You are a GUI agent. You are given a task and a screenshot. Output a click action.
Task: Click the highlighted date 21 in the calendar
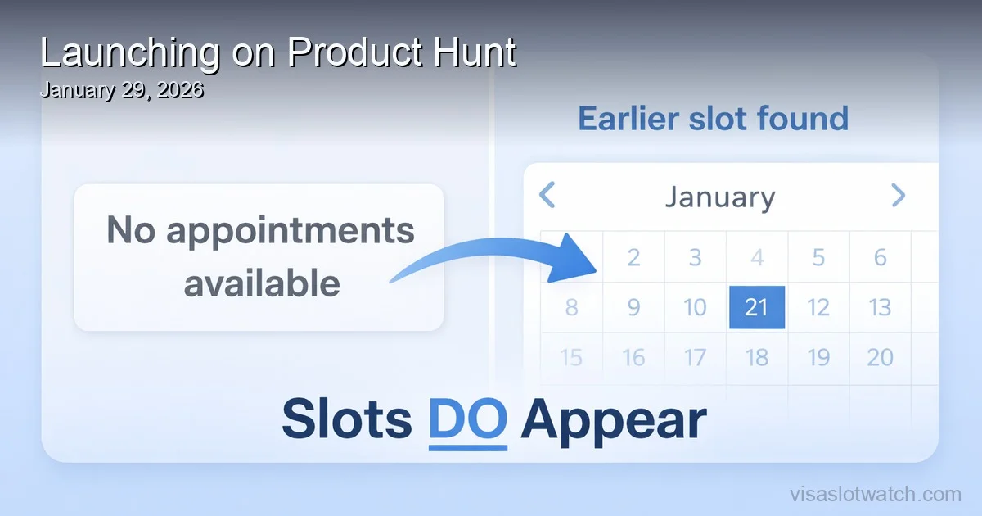click(x=756, y=307)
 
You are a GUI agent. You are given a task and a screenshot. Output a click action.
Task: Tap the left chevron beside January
click(x=547, y=196)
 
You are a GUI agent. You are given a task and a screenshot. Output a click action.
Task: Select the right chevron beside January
click(x=898, y=196)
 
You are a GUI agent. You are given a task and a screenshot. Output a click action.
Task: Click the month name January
click(x=720, y=197)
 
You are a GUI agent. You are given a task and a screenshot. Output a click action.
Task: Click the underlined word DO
click(x=467, y=420)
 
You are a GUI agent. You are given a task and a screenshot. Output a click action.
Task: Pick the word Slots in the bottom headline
click(x=347, y=420)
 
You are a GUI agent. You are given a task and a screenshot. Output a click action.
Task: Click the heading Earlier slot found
click(x=713, y=119)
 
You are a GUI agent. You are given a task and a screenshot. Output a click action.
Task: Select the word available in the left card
click(x=262, y=283)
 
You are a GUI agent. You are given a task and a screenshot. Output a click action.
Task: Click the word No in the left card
click(x=131, y=232)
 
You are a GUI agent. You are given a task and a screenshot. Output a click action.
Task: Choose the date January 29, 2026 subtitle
click(x=121, y=90)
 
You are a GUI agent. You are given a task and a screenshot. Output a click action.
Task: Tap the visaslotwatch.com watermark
click(x=875, y=494)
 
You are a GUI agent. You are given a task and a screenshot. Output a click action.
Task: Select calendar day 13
click(x=880, y=307)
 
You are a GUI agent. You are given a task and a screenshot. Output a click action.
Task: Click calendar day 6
click(x=880, y=257)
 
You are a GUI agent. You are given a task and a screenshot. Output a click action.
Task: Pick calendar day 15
click(x=571, y=357)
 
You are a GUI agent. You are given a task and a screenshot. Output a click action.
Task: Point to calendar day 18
click(x=756, y=357)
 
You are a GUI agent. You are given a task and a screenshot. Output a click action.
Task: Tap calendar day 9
click(x=633, y=307)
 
